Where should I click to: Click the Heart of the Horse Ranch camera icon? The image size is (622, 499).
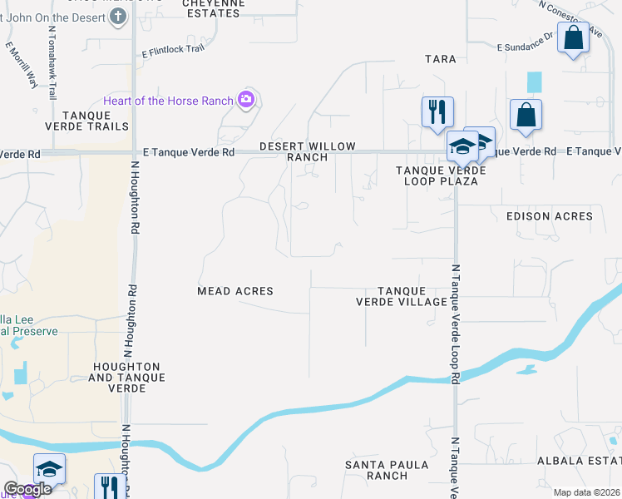(x=245, y=101)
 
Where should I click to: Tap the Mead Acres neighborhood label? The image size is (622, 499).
(x=235, y=291)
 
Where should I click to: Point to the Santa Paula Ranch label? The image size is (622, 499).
(x=377, y=470)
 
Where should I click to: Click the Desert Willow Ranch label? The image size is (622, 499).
(x=308, y=151)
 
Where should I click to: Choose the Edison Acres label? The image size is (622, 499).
(x=550, y=216)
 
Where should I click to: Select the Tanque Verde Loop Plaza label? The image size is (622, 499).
(x=436, y=175)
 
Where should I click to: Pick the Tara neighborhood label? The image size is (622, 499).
(x=441, y=59)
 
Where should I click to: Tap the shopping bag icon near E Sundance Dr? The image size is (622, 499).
(x=573, y=37)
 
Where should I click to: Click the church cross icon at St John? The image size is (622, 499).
(x=118, y=16)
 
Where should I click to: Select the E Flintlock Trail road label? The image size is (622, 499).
(x=172, y=49)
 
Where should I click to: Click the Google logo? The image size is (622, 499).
(x=27, y=489)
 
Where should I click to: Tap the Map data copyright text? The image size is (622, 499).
(x=587, y=492)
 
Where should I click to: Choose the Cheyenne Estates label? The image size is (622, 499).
(x=218, y=4)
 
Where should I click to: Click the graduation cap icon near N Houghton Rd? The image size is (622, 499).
(x=49, y=470)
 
